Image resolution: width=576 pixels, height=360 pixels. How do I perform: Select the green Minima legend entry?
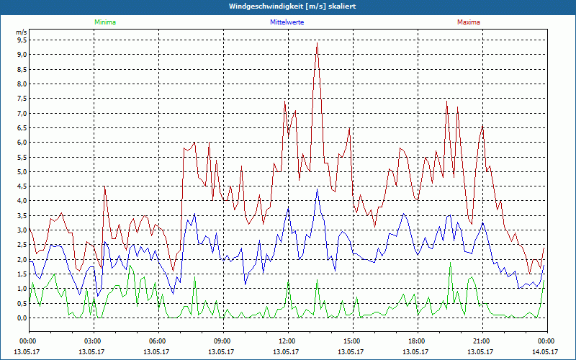tap(104, 22)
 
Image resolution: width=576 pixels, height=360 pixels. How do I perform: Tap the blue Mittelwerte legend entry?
tap(287, 22)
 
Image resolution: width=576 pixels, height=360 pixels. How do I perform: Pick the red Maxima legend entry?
tap(467, 22)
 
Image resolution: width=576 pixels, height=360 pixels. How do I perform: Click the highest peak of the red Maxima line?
tap(316, 43)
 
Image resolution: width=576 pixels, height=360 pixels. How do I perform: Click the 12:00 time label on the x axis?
tap(287, 341)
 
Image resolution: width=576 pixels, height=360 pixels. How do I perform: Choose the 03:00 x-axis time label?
tap(92, 341)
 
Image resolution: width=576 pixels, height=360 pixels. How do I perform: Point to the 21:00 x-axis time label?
tap(481, 341)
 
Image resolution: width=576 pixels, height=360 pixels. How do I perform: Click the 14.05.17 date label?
tap(545, 351)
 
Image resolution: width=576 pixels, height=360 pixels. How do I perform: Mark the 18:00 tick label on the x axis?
tap(416, 341)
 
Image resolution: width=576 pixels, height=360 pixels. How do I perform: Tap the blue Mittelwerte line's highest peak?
tap(317, 189)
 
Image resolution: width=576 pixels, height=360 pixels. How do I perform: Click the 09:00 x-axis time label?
tap(222, 341)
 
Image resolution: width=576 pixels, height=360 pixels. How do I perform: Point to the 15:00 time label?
tap(351, 341)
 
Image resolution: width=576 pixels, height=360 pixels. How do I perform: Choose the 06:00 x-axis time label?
tap(157, 341)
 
